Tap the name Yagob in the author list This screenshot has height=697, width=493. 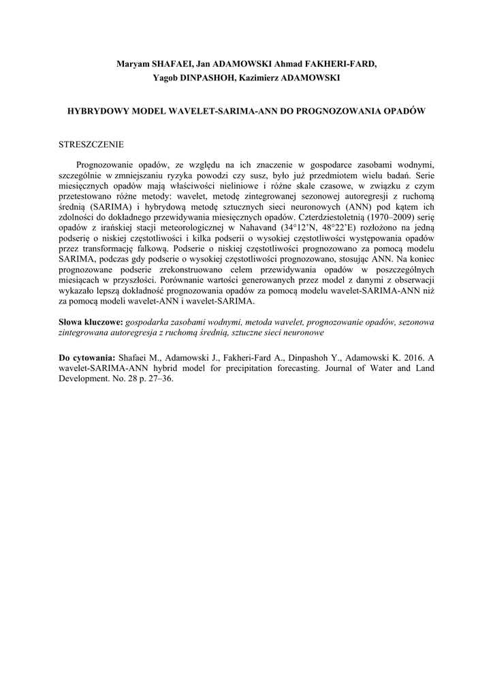[x=168, y=78]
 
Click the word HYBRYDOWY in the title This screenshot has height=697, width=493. [x=99, y=110]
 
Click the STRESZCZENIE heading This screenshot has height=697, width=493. [x=92, y=144]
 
